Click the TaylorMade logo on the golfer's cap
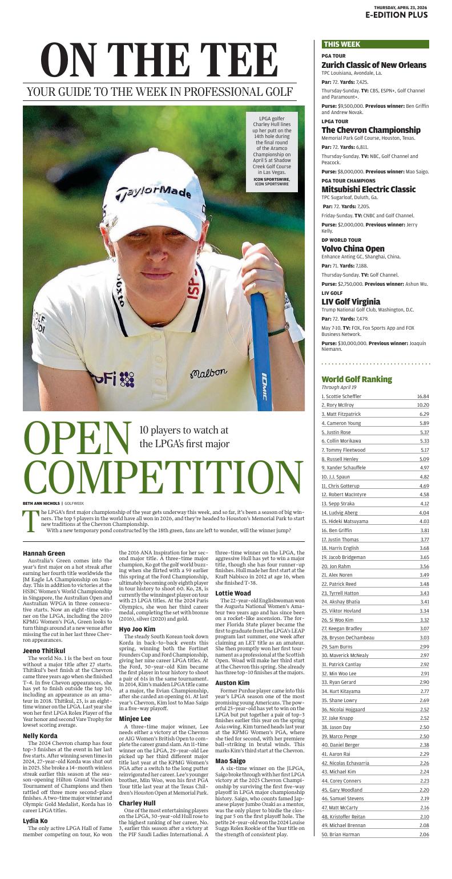154,193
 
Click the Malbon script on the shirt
208,374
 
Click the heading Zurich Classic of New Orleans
374,65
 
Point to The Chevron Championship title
371,130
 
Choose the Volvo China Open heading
353,249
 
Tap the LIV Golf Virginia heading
351,302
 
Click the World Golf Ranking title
357,379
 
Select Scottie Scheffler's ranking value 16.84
422,396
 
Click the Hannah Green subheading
44,553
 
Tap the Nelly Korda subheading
40,736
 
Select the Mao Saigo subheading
230,761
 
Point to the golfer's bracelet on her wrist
278,330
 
